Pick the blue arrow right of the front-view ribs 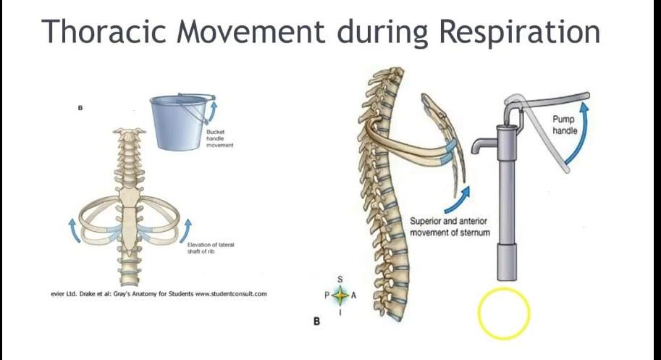click(190, 225)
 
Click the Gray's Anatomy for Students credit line click(154, 293)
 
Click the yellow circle click(504, 314)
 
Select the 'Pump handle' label click(565, 125)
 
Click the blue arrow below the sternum click(463, 193)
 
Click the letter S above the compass click(340, 280)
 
